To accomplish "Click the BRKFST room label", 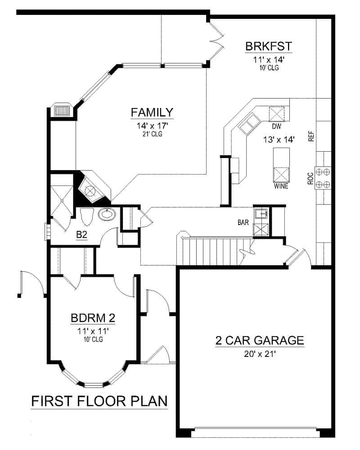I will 269,46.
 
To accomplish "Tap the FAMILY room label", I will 152,112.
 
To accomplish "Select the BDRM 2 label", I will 93,318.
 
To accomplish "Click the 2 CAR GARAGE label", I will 260,340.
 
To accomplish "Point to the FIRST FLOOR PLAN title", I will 99,401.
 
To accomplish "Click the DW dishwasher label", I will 276,127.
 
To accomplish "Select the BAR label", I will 244,222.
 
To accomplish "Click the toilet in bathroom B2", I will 86,217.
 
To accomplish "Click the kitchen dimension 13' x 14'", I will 279,139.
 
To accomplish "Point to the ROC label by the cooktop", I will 310,179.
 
